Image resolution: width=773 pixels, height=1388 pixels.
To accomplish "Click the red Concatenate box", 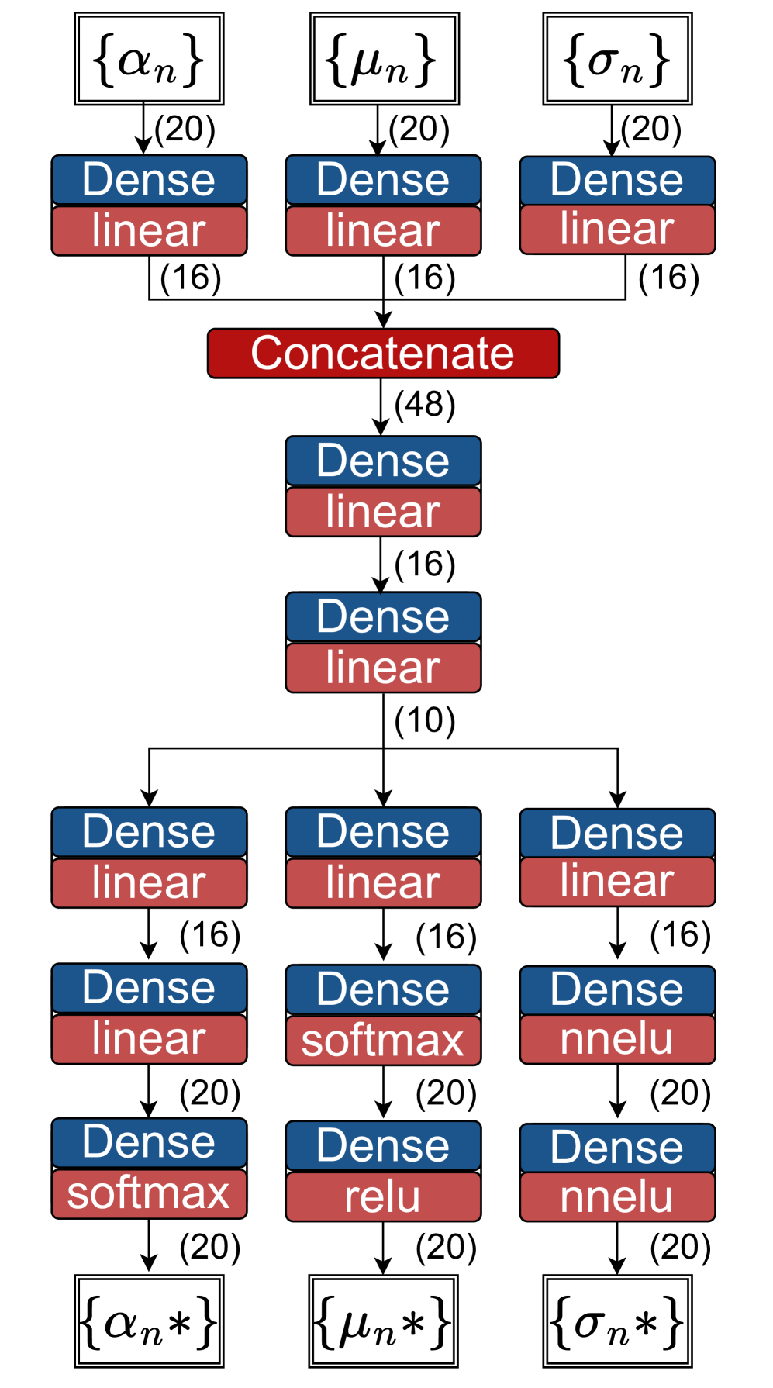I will coord(383,354).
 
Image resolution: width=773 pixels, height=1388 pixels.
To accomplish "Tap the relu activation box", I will coord(383,1196).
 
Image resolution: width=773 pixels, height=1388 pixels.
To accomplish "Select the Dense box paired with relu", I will coord(383,1146).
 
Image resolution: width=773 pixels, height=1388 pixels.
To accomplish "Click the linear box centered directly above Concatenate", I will coord(383,230).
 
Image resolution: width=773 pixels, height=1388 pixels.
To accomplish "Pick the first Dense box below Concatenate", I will coord(383,461).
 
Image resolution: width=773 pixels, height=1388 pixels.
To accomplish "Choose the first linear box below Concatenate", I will coord(383,512).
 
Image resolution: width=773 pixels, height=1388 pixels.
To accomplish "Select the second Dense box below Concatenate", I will coord(383,616).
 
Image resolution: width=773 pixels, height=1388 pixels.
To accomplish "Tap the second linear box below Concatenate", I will coord(383,668).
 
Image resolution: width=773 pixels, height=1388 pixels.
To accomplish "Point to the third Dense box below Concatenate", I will coord(383,832).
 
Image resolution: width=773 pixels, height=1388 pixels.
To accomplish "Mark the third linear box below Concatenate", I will coord(383,882).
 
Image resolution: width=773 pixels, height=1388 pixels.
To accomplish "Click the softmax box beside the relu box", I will coord(149,1193).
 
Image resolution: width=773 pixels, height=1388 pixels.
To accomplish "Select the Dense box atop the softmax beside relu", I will coord(149,1142).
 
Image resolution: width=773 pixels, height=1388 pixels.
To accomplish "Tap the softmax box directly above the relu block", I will coord(383,1041).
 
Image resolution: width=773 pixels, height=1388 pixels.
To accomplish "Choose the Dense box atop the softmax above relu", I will coord(383,989).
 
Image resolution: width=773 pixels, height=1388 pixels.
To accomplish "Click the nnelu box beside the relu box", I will coord(617,1196).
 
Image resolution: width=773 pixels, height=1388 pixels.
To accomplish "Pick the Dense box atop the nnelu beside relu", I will coord(617,1148).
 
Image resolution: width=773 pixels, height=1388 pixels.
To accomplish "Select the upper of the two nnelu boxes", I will coord(617,1039).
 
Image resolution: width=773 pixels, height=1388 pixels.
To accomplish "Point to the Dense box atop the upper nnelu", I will coord(617,990).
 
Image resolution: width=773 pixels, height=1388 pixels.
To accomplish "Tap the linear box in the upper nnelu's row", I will coord(149,1039).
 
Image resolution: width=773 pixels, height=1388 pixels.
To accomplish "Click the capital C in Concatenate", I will coord(265,354).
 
